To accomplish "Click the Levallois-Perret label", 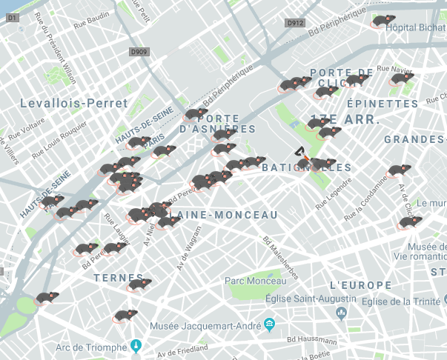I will coord(74,102).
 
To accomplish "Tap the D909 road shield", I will coord(138,52).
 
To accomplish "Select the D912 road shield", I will coord(295,23).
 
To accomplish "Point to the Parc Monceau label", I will coord(255,281).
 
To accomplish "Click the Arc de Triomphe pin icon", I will coord(136,345).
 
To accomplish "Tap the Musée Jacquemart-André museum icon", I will coord(268,324).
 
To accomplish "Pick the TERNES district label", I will coord(118,277).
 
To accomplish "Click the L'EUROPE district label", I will coord(360,285).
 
